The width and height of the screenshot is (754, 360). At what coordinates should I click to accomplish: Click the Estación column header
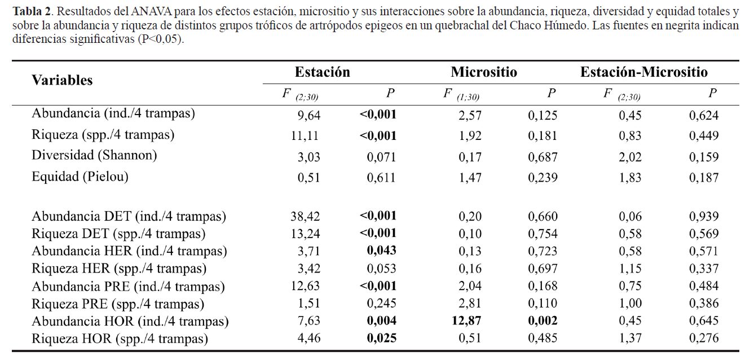tap(322, 72)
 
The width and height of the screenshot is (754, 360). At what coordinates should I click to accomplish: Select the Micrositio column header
tap(484, 72)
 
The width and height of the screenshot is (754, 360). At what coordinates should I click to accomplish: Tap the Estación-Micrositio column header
tap(644, 72)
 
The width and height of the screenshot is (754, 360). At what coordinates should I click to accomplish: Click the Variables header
tap(62, 80)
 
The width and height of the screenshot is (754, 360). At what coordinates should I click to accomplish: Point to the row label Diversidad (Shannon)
tap(94, 155)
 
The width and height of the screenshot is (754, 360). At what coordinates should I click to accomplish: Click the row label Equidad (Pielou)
tap(80, 177)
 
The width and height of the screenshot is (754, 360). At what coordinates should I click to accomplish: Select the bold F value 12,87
tap(466, 321)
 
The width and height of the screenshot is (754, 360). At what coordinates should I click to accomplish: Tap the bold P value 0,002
tap(542, 321)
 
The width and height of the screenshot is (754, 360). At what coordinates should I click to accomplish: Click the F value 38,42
tap(305, 216)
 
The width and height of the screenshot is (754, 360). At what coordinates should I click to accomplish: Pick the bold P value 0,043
tap(381, 251)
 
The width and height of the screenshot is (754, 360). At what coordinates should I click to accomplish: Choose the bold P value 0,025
tap(381, 339)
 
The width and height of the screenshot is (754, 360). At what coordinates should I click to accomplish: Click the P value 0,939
tap(703, 216)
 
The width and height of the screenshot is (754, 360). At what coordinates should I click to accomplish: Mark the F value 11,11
tap(305, 135)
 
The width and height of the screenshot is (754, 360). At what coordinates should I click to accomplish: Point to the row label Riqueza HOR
tap(120, 339)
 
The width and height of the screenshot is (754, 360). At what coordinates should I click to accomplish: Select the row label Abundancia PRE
tap(128, 286)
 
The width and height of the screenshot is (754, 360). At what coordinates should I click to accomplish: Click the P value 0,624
tap(703, 115)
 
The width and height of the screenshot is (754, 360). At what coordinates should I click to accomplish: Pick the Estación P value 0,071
tap(381, 157)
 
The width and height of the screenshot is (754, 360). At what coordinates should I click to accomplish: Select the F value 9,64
tap(308, 115)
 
